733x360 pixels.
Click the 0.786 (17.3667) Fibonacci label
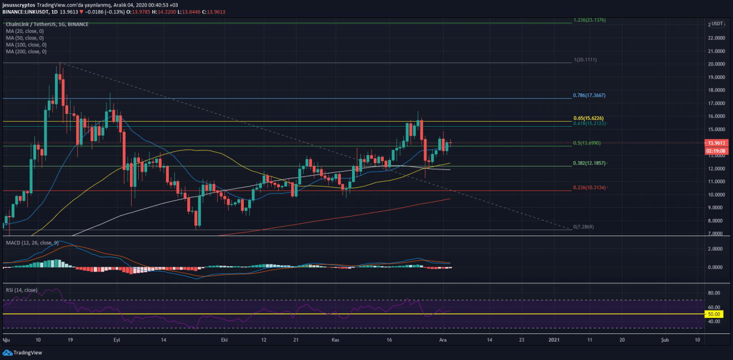pos(589,96)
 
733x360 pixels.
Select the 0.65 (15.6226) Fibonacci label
pos(588,118)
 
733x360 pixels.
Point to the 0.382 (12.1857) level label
pos(589,164)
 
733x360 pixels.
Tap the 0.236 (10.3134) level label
pos(589,188)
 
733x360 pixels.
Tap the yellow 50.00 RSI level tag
pos(714,314)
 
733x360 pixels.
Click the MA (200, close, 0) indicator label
pos(26,52)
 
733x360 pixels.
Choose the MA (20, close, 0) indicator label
pos(25,31)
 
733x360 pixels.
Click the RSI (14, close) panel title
pos(22,289)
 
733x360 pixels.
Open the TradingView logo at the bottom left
pos(16,352)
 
